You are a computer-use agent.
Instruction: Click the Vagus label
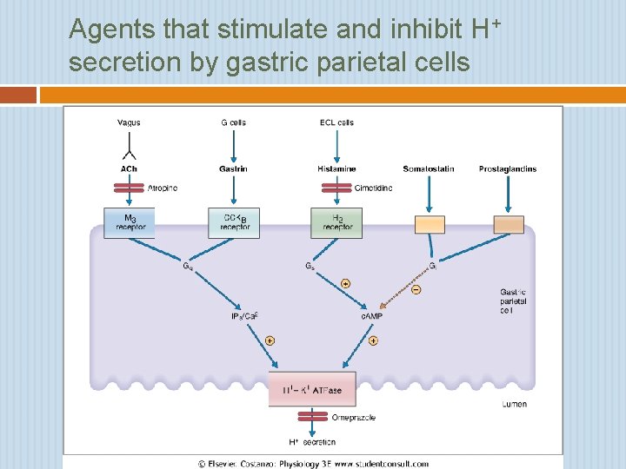pos(129,122)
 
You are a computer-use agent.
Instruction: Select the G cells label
pos(233,122)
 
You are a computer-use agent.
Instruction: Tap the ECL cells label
pos(336,122)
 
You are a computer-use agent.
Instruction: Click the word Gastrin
pos(233,168)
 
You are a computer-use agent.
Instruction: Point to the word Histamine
pos(336,168)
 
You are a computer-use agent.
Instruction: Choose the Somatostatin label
pos(429,168)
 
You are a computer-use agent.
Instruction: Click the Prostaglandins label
pos(508,168)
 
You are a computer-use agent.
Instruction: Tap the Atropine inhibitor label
pos(163,188)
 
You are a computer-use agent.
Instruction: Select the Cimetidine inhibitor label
pos(373,188)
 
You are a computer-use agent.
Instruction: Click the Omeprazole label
pos(354,418)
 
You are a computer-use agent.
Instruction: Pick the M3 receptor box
pos(129,222)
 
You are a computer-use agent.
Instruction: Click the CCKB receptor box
pos(233,222)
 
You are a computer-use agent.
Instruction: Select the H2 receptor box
pos(336,222)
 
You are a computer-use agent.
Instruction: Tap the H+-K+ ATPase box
pos(311,390)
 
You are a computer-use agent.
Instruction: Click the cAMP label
pos(371,316)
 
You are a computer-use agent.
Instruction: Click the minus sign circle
pos(416,289)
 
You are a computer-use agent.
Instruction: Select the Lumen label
pos(514,404)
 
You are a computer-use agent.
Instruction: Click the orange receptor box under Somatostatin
pos(430,224)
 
